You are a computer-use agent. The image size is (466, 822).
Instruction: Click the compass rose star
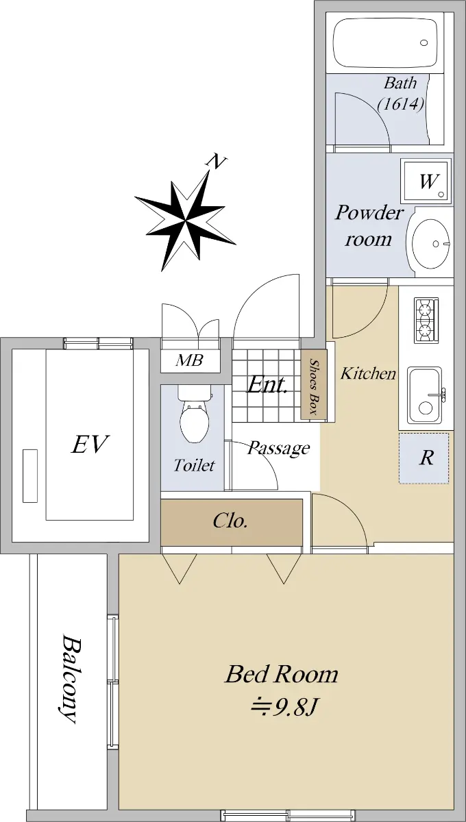(186, 221)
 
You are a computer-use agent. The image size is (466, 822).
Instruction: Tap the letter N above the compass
(217, 162)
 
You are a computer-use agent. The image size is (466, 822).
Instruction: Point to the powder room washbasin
(430, 242)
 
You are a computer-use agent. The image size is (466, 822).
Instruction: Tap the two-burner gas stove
(426, 321)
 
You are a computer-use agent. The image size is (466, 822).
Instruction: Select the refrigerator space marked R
(424, 458)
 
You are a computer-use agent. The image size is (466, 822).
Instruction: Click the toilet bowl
(194, 414)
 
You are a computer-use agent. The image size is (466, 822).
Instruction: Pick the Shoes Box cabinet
(314, 384)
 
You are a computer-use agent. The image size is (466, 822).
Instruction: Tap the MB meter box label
(189, 360)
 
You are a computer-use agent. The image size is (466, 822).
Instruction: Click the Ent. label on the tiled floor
(267, 385)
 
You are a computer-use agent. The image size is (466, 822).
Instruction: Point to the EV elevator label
(90, 444)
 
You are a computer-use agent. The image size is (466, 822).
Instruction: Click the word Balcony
(70, 679)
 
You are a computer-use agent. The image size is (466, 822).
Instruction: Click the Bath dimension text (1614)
(401, 104)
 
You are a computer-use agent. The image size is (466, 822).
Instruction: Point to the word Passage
(278, 448)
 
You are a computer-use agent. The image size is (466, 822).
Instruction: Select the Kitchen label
(368, 373)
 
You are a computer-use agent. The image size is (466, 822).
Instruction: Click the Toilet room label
(194, 465)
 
